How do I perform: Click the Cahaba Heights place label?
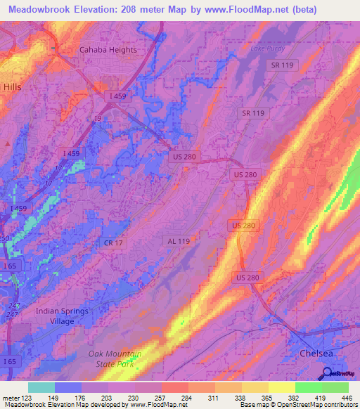click(x=107, y=50)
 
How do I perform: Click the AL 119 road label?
click(x=179, y=240)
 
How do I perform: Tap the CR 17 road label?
click(x=113, y=243)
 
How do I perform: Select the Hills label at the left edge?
click(x=13, y=86)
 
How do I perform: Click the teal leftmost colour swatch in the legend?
click(x=41, y=387)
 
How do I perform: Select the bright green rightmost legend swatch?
click(x=335, y=387)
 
